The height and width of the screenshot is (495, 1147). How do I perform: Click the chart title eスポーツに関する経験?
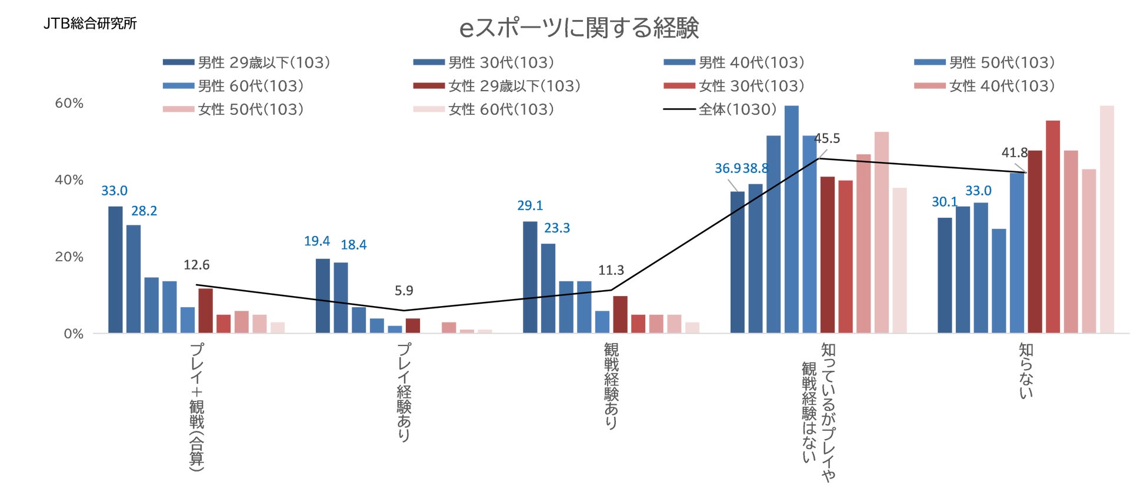(579, 28)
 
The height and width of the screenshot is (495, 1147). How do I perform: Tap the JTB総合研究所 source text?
(90, 24)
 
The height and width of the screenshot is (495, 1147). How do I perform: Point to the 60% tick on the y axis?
(69, 104)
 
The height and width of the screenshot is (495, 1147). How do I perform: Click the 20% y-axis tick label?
(69, 257)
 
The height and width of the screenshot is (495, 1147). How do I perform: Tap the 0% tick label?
(74, 334)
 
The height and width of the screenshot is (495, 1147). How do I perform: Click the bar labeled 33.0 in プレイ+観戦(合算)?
(115, 270)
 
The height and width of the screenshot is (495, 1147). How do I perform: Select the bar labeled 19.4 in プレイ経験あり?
(323, 295)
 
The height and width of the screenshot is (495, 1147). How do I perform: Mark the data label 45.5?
(827, 139)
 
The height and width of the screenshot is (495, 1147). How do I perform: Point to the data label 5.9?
(404, 291)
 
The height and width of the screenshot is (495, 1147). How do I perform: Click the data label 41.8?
(1014, 153)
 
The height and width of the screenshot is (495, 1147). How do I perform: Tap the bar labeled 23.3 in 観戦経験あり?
(548, 288)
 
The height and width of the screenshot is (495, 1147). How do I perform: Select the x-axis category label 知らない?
(1026, 371)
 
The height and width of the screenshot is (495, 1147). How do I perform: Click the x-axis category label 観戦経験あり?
(611, 386)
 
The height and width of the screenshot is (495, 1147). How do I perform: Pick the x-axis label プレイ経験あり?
(404, 392)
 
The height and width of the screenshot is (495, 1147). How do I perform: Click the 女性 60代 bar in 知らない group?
(1107, 220)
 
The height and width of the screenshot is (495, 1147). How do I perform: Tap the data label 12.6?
(196, 265)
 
